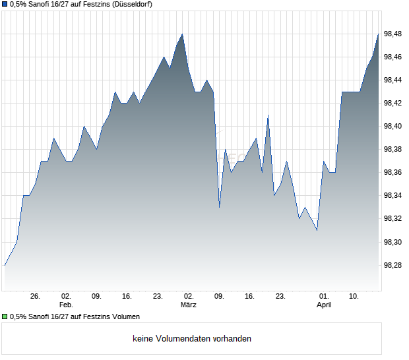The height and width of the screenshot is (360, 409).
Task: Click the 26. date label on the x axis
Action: [x=36, y=297]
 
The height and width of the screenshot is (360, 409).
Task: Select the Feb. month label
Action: [x=65, y=305]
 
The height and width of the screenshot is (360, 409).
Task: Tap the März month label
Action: [x=189, y=305]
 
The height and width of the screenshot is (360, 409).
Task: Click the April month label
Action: [x=324, y=305]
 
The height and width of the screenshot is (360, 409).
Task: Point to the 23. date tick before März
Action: [x=158, y=297]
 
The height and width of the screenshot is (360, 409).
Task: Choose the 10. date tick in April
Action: [x=354, y=297]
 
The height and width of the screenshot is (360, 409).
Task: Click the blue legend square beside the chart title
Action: [x=5, y=5]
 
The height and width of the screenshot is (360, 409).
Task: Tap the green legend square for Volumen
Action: [x=5, y=317]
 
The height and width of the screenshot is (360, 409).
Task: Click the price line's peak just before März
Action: [x=182, y=34]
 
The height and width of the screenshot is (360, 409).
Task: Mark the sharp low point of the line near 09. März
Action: [x=219, y=208]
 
